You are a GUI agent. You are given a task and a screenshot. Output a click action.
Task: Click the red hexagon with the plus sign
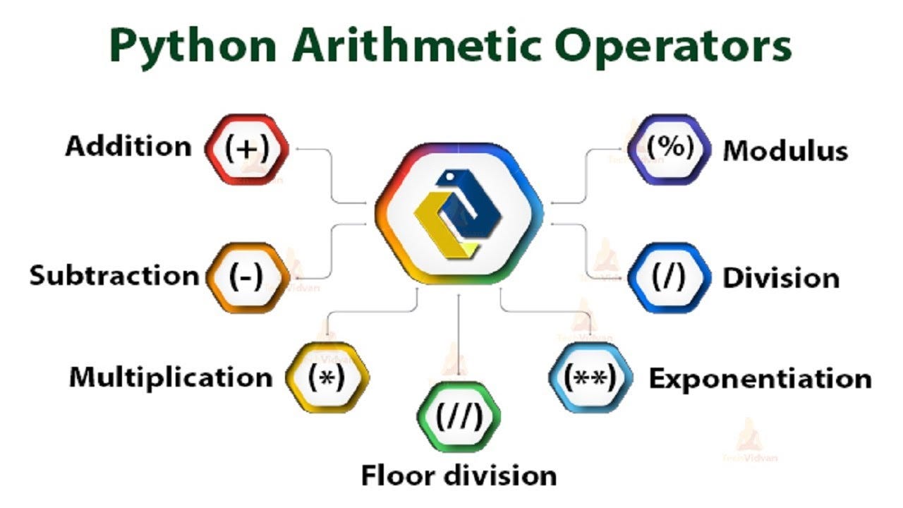coord(247,149)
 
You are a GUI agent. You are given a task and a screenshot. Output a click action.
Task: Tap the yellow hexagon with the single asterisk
coord(327,377)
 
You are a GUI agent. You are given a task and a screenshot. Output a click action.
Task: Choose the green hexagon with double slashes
coord(459,417)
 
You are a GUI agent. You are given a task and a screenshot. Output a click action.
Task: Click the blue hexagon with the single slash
coord(668,277)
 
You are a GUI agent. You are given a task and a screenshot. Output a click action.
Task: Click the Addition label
coord(128,147)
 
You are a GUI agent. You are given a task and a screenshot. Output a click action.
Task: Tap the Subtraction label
coord(114,275)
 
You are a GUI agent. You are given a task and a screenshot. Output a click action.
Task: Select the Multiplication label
coord(171,377)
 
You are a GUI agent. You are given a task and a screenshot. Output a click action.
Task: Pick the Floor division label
coord(459,475)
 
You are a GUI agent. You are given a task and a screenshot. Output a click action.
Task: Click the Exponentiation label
coord(760,379)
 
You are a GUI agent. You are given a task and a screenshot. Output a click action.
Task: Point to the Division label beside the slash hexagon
coord(780,278)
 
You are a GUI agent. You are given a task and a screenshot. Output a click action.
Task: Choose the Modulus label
coord(785,150)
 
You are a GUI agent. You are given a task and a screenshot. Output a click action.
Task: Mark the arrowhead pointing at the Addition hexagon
coord(298,149)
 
